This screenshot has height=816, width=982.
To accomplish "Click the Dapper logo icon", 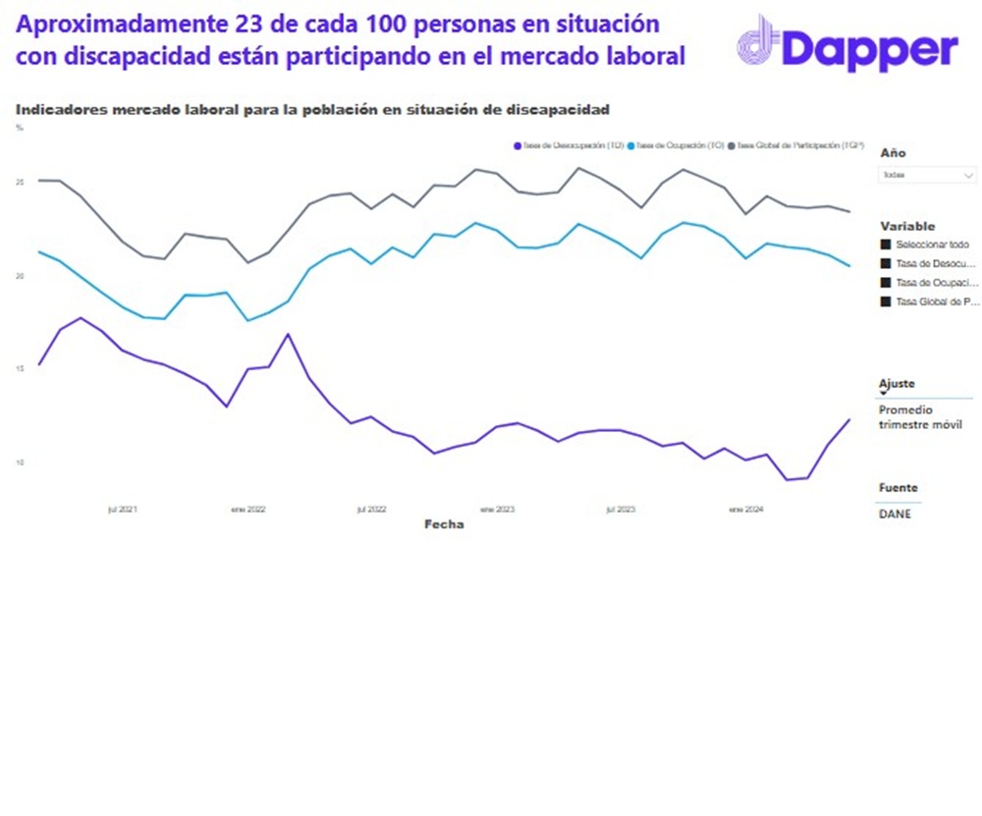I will (759, 43).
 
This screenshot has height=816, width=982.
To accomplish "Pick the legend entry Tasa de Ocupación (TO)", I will (678, 145).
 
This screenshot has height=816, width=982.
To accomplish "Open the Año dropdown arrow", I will (969, 175).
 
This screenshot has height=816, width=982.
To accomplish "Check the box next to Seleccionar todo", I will (886, 244).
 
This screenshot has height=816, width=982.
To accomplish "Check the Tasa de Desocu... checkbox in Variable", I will (886, 263).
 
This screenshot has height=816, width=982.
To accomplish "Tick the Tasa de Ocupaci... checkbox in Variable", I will (886, 282).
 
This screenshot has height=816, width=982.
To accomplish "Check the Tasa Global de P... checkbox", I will (886, 301).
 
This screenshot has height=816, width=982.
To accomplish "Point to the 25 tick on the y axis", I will (20, 183).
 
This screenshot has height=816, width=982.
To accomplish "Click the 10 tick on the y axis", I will (20, 462).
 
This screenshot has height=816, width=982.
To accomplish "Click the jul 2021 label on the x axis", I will (123, 510).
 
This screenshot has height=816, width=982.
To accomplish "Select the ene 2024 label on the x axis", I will (745, 510).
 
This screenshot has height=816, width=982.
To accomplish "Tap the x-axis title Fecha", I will (444, 524).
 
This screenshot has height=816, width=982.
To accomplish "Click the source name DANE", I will (895, 514).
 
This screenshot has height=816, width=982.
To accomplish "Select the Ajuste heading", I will (897, 384).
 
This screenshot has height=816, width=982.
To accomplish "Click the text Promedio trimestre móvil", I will (920, 417).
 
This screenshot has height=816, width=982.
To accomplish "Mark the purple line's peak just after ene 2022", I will (288, 334).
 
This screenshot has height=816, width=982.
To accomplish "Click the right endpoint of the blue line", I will (849, 265).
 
